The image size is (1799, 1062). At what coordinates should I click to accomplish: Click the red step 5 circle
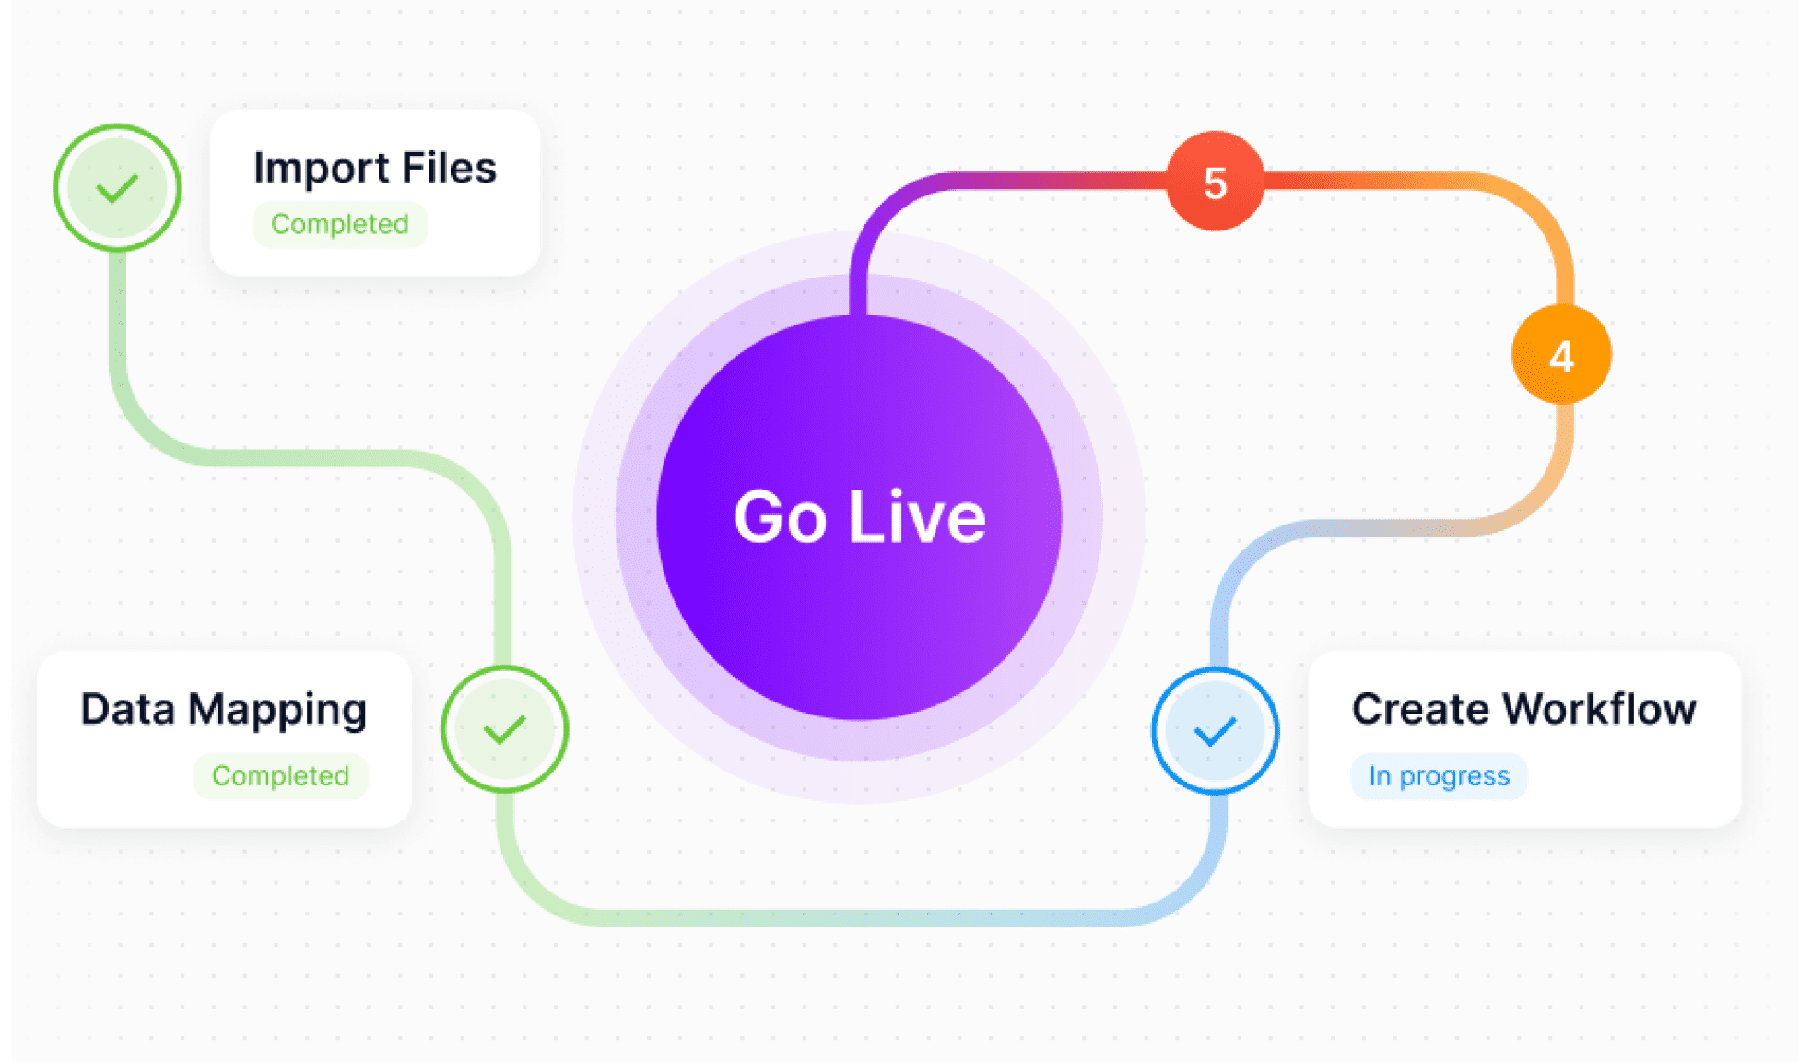[1215, 181]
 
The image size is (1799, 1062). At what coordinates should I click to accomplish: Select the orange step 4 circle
[1561, 355]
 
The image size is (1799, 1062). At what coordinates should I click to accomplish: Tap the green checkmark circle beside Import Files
[117, 188]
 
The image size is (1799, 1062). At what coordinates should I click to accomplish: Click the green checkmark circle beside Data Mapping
[504, 729]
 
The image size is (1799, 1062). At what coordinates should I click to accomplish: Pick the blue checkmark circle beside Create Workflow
[1215, 731]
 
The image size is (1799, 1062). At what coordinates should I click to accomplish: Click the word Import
[322, 169]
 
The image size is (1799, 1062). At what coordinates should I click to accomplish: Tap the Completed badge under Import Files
[340, 224]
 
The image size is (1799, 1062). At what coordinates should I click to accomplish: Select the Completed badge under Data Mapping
[280, 776]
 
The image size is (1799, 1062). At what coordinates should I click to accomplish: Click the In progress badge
[1439, 776]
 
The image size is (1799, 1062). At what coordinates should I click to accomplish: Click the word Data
[128, 709]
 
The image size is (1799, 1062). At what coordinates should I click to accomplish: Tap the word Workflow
[1599, 709]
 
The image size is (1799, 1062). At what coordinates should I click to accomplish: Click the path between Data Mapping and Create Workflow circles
[857, 917]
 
